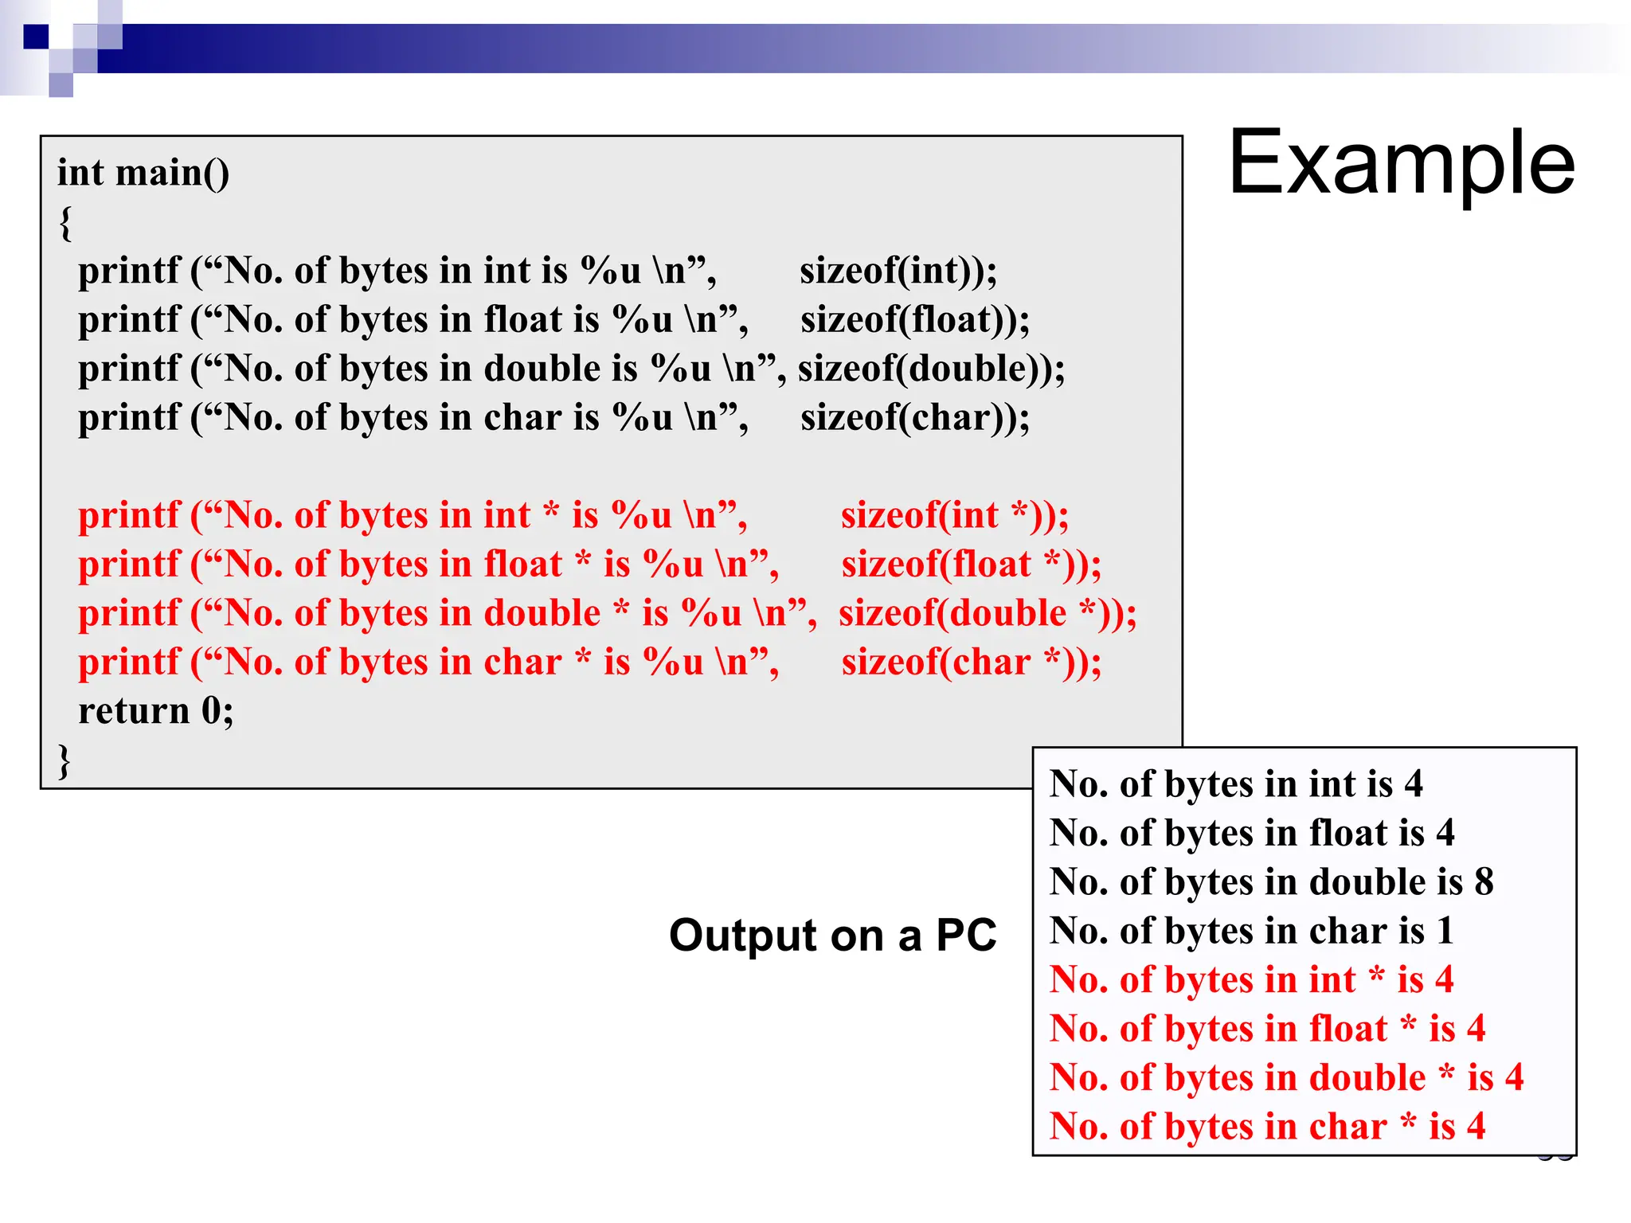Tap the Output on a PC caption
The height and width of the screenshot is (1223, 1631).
point(832,935)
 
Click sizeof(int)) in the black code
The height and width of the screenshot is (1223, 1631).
point(898,271)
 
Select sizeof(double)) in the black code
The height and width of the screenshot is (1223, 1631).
point(931,369)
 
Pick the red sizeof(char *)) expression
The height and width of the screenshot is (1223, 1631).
point(971,662)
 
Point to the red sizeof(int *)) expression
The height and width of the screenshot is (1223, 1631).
point(954,515)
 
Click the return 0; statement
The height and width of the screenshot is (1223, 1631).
point(156,711)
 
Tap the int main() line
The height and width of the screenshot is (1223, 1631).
point(143,173)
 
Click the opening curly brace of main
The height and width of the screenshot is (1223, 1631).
point(65,222)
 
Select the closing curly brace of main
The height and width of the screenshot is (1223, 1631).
point(65,760)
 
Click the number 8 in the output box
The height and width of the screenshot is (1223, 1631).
point(1484,882)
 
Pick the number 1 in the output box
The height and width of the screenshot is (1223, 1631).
point(1445,931)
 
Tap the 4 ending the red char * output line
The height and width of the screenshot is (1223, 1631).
point(1476,1127)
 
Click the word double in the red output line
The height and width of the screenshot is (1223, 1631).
point(1367,1078)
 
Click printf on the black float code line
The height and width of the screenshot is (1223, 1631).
point(129,320)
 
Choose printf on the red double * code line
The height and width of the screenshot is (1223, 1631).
point(129,614)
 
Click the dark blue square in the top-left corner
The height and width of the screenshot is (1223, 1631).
point(36,37)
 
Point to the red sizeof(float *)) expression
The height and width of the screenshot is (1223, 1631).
point(971,565)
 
